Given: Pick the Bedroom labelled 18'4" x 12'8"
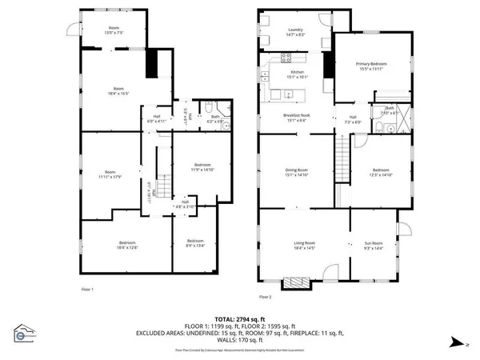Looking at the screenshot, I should (x=128, y=245).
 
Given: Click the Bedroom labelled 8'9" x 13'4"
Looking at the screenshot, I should (x=196, y=243).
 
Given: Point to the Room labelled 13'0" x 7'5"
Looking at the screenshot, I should (x=114, y=31).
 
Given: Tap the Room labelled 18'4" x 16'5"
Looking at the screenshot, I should (x=118, y=91).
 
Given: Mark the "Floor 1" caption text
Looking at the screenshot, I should (x=88, y=289).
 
